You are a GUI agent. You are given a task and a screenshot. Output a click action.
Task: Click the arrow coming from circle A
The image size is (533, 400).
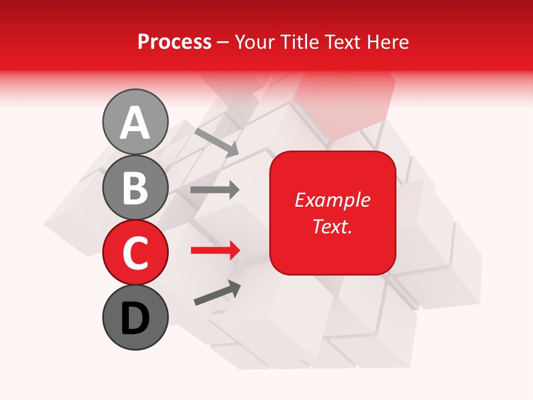click(216, 142)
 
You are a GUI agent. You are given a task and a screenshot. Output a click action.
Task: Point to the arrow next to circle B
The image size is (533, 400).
click(214, 190)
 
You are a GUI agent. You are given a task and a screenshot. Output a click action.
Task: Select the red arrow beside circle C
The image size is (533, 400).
click(214, 251)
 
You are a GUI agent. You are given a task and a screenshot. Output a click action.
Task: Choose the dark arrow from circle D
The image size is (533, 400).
click(217, 292)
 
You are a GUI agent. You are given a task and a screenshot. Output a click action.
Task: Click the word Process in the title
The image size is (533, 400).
click(174, 42)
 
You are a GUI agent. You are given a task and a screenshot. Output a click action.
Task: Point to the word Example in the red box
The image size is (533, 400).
click(332, 200)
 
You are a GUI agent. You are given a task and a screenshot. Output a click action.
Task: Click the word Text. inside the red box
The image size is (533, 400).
click(332, 227)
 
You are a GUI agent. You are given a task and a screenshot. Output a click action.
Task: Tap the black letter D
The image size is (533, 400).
click(135, 319)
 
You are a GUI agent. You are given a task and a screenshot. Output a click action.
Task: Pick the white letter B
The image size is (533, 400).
click(135, 188)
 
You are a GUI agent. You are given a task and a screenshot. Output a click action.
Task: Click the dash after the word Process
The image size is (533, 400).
click(223, 42)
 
